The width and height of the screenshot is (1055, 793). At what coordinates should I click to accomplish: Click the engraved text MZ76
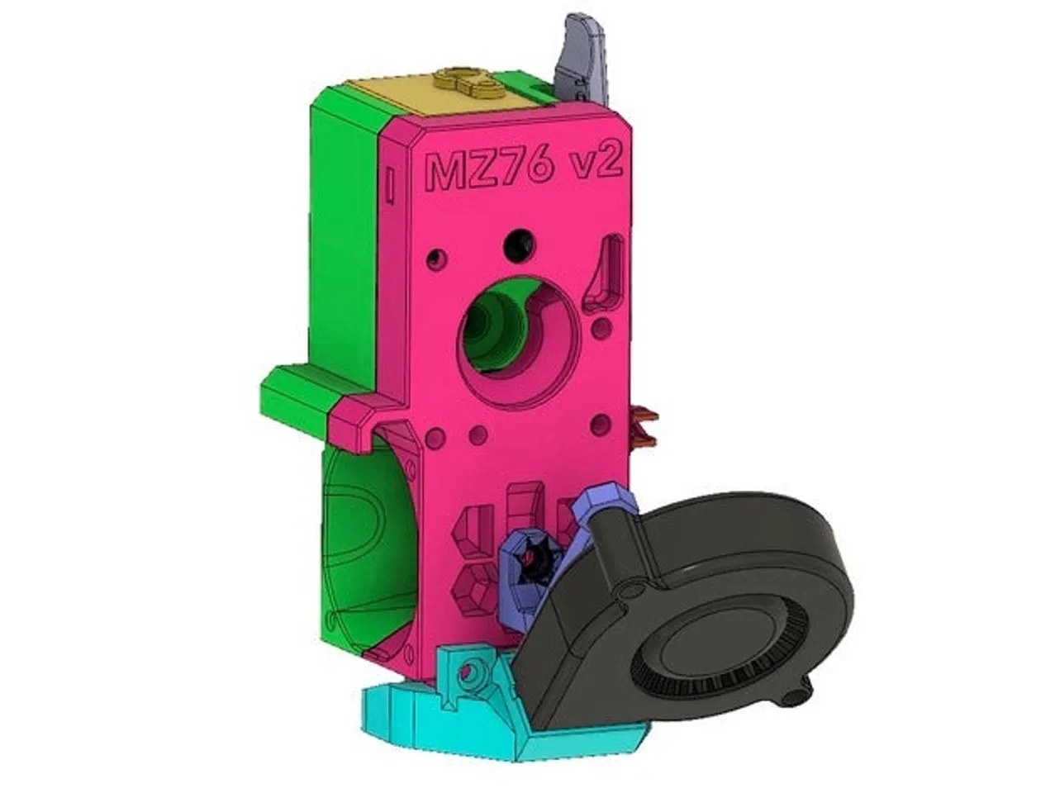[487, 171]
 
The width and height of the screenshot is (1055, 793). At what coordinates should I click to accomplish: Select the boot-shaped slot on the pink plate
[609, 273]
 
